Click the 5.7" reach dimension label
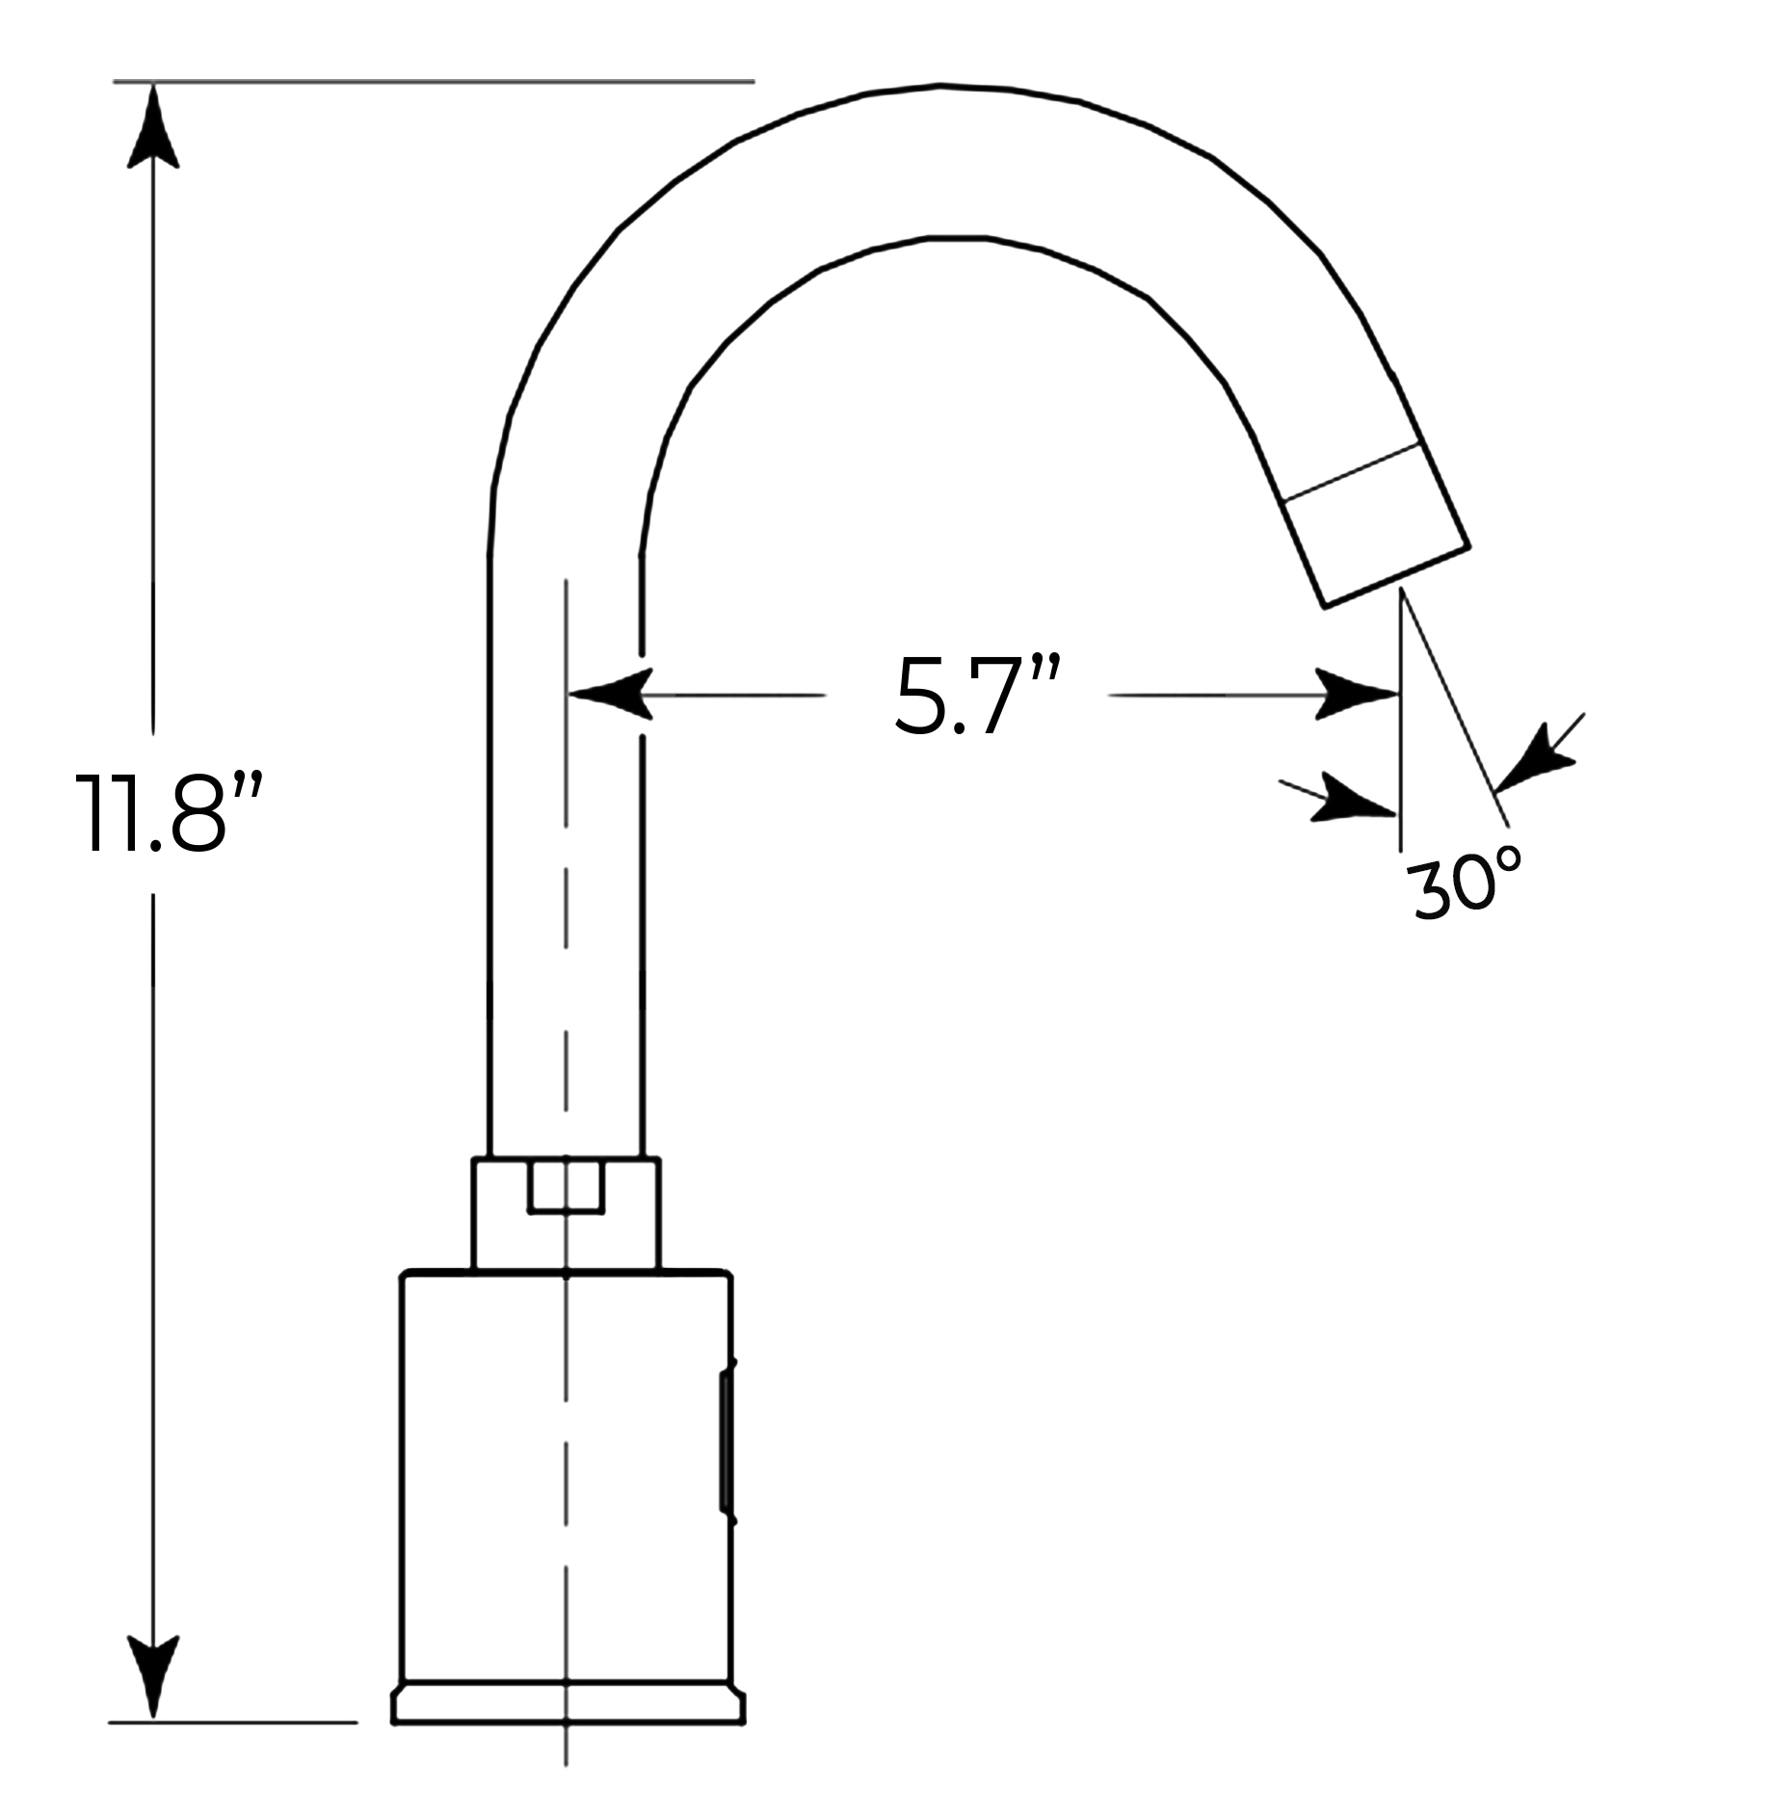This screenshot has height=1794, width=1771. tap(976, 696)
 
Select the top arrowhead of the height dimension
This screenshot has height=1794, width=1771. tap(153, 130)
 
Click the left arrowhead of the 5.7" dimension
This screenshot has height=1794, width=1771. tap(612, 694)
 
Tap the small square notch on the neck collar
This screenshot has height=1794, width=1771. tap(566, 1187)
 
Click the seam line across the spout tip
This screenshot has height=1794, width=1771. tap(1354, 473)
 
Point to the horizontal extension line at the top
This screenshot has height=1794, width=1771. tap(434, 82)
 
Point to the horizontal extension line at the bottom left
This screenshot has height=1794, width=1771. tap(231, 1749)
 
